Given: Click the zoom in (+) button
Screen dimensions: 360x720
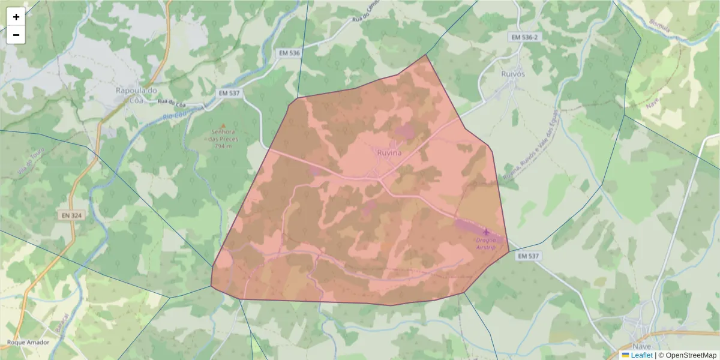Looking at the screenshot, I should point(16,17).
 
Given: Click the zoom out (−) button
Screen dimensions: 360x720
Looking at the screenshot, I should point(16,35).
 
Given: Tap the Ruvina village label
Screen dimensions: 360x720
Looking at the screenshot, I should point(389,153).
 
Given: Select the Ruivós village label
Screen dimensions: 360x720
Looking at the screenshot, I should point(512,74).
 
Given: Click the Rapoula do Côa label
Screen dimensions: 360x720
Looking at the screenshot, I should point(136,95).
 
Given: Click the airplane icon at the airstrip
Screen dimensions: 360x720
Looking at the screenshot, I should point(486,232).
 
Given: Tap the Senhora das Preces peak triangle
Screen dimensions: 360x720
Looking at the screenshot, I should point(223,125).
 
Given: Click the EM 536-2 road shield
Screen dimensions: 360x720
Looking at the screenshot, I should point(524,37).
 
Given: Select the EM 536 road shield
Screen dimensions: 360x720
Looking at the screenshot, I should point(289,53).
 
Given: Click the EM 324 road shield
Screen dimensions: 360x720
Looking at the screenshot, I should point(71,215).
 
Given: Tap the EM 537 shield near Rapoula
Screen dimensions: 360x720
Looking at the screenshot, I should point(229,93).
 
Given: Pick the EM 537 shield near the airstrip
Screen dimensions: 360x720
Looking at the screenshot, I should point(529,256).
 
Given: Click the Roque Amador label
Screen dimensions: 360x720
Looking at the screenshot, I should point(28,343).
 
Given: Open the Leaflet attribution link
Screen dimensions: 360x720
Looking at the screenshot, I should point(641,355).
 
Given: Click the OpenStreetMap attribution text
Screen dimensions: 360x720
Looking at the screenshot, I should point(690,355).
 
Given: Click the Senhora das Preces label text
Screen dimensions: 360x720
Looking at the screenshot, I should point(224,139).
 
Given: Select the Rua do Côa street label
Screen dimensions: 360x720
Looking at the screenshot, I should point(170,101).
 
